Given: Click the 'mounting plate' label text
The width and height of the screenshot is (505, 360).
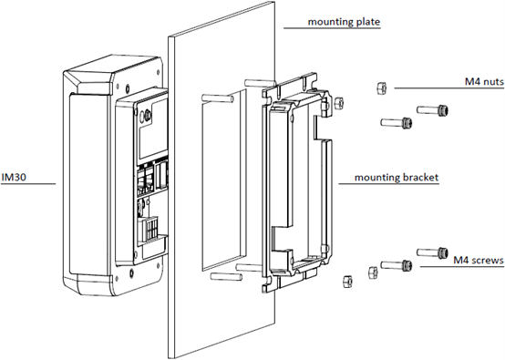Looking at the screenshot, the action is pyautogui.click(x=344, y=22).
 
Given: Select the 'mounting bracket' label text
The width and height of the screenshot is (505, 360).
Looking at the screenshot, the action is pyautogui.click(x=397, y=178).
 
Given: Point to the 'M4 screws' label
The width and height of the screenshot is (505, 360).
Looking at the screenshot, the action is pyautogui.click(x=479, y=260).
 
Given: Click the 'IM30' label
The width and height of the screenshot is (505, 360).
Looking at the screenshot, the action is pyautogui.click(x=14, y=178).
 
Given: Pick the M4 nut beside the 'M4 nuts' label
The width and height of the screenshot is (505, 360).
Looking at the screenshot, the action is pyautogui.click(x=381, y=87).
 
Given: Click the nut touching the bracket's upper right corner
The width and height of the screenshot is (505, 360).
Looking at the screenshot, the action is pyautogui.click(x=339, y=103).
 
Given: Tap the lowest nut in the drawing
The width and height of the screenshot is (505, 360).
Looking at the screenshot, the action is pyautogui.click(x=347, y=281).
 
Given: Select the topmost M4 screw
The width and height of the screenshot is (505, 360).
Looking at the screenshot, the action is pyautogui.click(x=432, y=110).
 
